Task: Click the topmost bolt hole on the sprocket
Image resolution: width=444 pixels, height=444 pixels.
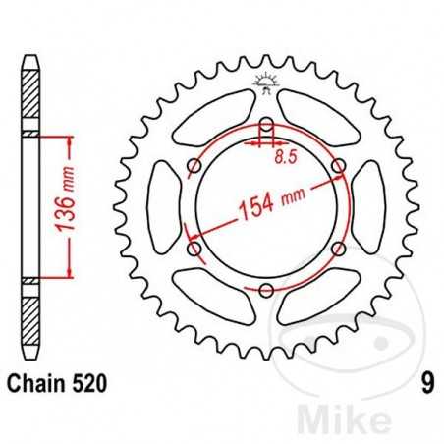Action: pos(265,125)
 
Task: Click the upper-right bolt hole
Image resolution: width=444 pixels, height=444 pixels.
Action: pos(337,166)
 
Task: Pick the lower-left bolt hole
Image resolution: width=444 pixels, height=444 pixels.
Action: pos(194,248)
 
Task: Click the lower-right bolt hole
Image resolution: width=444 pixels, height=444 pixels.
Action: pos(337,248)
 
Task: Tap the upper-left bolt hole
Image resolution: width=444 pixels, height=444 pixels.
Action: pos(194,166)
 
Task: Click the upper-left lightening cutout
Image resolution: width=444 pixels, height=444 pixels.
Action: pos(208,116)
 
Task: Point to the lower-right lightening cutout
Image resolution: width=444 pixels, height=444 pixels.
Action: pos(322,297)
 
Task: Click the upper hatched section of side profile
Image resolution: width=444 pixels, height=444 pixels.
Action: pos(32,98)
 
